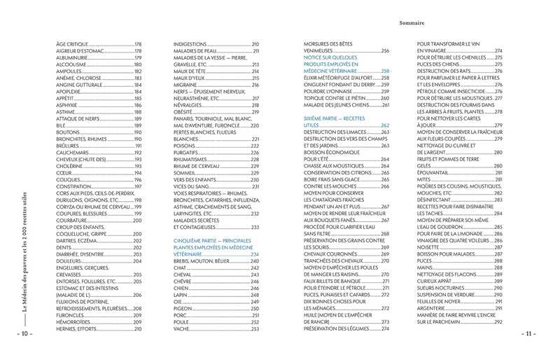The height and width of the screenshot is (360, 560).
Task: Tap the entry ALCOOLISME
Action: click(71, 64)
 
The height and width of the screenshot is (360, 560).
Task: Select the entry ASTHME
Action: click(65, 112)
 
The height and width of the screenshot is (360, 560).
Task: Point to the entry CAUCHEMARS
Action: click(71, 152)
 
